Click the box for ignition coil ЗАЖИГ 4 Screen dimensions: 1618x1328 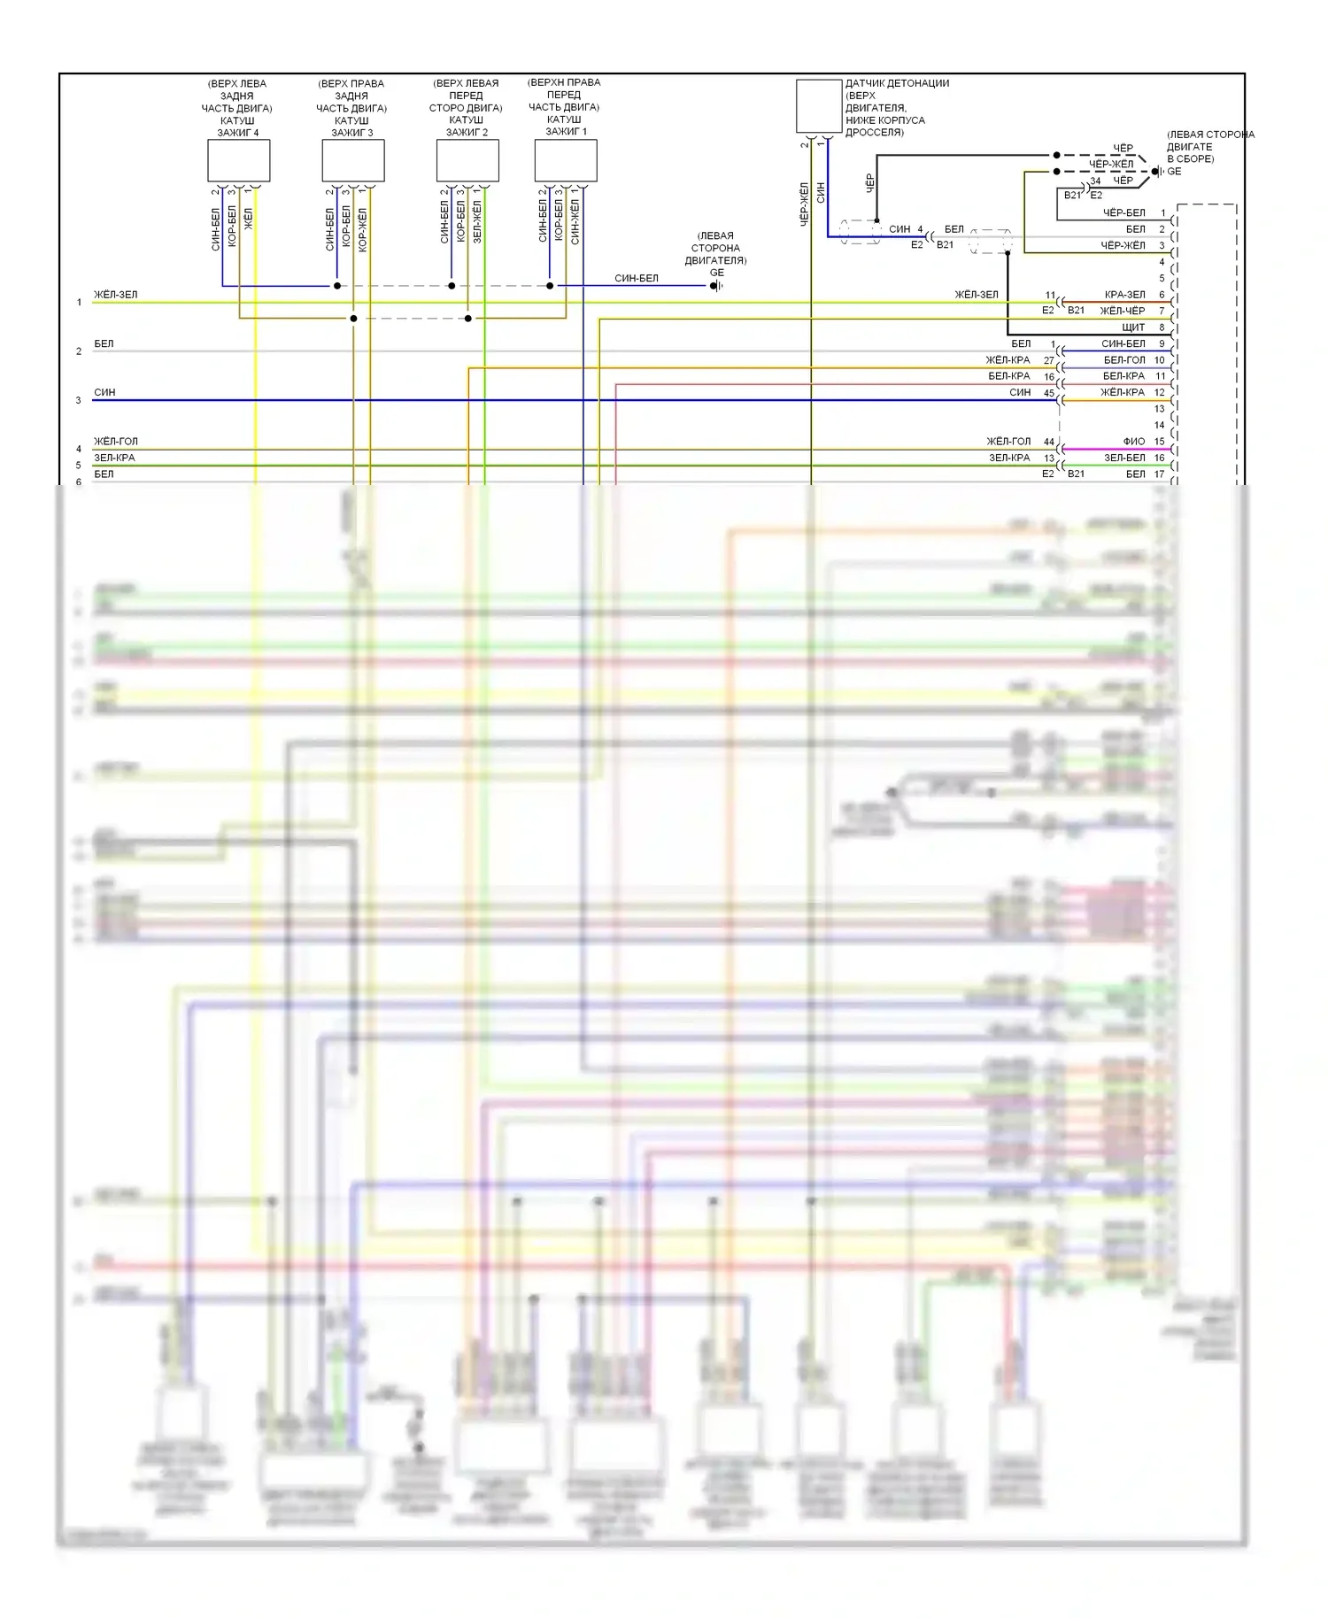coord(238,160)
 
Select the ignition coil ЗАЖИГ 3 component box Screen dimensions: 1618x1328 coord(352,160)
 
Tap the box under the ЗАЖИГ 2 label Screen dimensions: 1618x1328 coord(467,160)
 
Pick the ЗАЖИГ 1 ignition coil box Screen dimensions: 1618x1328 coord(566,160)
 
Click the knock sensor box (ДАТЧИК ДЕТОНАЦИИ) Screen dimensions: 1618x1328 coord(819,106)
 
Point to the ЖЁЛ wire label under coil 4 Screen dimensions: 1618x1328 coord(249,219)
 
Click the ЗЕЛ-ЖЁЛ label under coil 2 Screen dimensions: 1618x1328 coord(477,221)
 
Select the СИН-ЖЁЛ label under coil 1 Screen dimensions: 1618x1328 coord(575,221)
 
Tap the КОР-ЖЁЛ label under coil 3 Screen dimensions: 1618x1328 coord(363,229)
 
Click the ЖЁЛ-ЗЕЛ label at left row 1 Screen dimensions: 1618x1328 coord(116,295)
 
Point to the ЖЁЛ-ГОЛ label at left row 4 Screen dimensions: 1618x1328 coord(116,441)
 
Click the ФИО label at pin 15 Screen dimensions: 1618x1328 coord(1134,441)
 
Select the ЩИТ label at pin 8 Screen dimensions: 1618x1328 coord(1133,327)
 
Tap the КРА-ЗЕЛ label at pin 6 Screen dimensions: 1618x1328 coord(1124,295)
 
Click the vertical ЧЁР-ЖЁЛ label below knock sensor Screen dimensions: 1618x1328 coord(805,204)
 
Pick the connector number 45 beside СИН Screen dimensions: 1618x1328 coord(1049,393)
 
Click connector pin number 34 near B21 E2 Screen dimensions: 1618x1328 coord(1095,181)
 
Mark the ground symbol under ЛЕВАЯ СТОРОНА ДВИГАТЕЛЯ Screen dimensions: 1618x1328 coord(716,286)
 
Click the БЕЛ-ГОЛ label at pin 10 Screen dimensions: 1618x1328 coord(1124,360)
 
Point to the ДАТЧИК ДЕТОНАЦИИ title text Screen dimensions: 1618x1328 coord(897,83)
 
